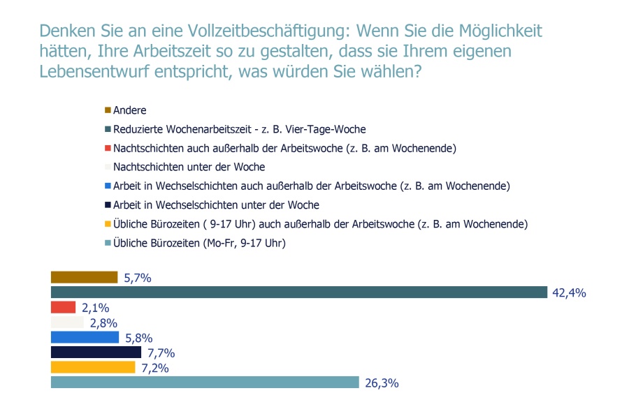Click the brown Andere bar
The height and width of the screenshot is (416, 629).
point(85,277)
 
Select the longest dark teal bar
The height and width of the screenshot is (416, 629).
point(299,292)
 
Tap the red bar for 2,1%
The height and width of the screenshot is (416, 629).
point(63,307)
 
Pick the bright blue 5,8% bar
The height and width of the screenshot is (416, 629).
point(85,337)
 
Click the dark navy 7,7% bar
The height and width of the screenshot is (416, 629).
point(96,352)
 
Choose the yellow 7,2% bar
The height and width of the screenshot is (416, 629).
point(93,368)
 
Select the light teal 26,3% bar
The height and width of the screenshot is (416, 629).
point(205,382)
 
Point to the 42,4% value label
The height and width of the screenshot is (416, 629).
point(569,293)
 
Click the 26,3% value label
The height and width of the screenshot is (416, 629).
point(382,383)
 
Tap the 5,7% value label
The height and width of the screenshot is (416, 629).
point(138,278)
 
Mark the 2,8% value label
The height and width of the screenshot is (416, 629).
point(103,323)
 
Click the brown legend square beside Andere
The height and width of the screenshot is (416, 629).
point(108,110)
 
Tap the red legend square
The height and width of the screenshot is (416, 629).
point(108,148)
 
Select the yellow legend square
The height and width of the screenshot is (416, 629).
point(108,224)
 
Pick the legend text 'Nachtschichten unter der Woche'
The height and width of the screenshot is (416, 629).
point(189,167)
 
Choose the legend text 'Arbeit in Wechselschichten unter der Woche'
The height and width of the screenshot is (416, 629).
point(216,205)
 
